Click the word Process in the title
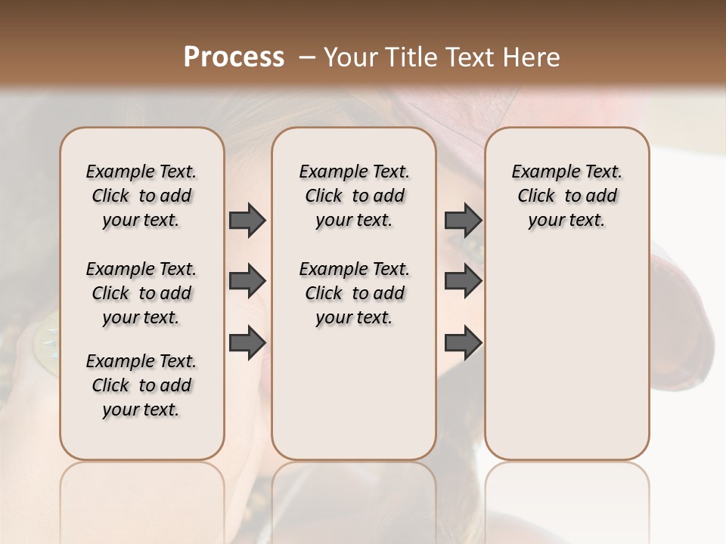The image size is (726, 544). click(x=234, y=57)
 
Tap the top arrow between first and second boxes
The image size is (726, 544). click(x=247, y=220)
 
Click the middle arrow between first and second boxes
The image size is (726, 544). click(x=247, y=281)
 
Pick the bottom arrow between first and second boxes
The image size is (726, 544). click(x=247, y=342)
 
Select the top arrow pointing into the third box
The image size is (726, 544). click(x=463, y=220)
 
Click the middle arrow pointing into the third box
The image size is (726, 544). click(x=463, y=281)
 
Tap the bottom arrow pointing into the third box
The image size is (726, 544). click(x=463, y=342)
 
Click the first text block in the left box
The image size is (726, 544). click(x=141, y=196)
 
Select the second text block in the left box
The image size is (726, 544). click(x=141, y=293)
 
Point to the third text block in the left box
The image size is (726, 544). click(x=141, y=385)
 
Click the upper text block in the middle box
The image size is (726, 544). click(x=354, y=196)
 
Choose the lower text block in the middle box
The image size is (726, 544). click(x=354, y=293)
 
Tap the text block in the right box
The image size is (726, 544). click(x=566, y=196)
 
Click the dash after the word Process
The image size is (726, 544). click(x=307, y=57)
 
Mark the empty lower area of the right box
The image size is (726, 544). click(x=566, y=355)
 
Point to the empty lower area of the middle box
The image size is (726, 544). click(x=354, y=393)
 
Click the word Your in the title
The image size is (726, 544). click(x=351, y=57)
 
